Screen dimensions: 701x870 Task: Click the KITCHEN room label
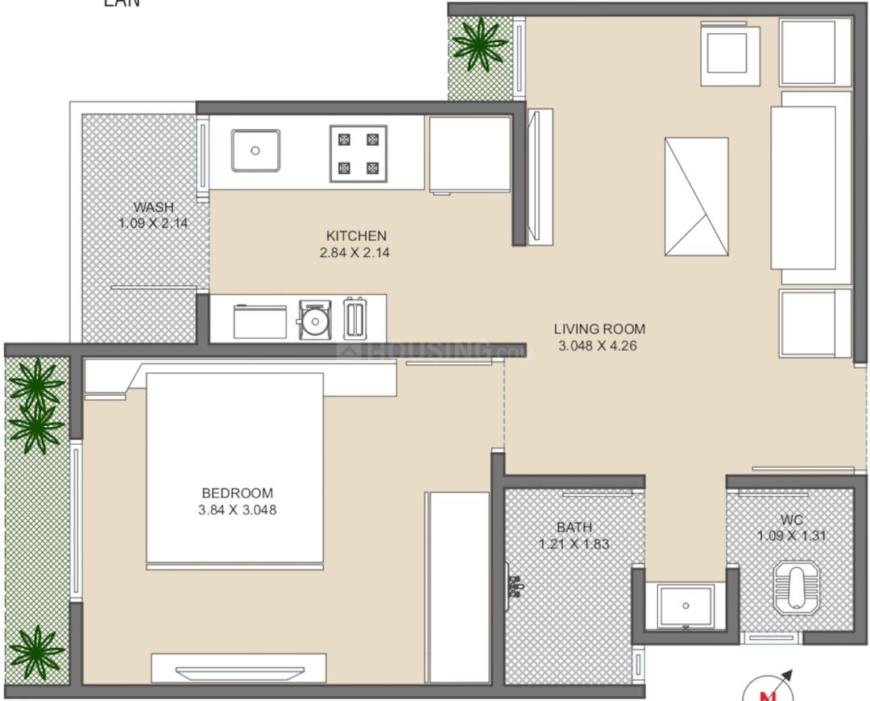click(356, 236)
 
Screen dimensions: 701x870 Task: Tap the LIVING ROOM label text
click(599, 329)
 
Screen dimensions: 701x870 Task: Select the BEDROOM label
click(237, 493)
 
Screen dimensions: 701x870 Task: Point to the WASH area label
click(154, 207)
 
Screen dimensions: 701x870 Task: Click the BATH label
click(574, 528)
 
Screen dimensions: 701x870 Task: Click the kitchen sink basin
click(255, 151)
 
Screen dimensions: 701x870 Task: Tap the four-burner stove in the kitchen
click(358, 153)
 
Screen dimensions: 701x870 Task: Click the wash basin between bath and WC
click(685, 605)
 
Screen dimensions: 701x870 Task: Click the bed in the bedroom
click(234, 467)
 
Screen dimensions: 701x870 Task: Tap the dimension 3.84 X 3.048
click(237, 509)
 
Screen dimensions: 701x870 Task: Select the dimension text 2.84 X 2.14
click(356, 252)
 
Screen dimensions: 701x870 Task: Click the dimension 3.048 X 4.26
click(599, 345)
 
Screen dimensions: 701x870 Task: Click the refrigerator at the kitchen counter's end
click(469, 154)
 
